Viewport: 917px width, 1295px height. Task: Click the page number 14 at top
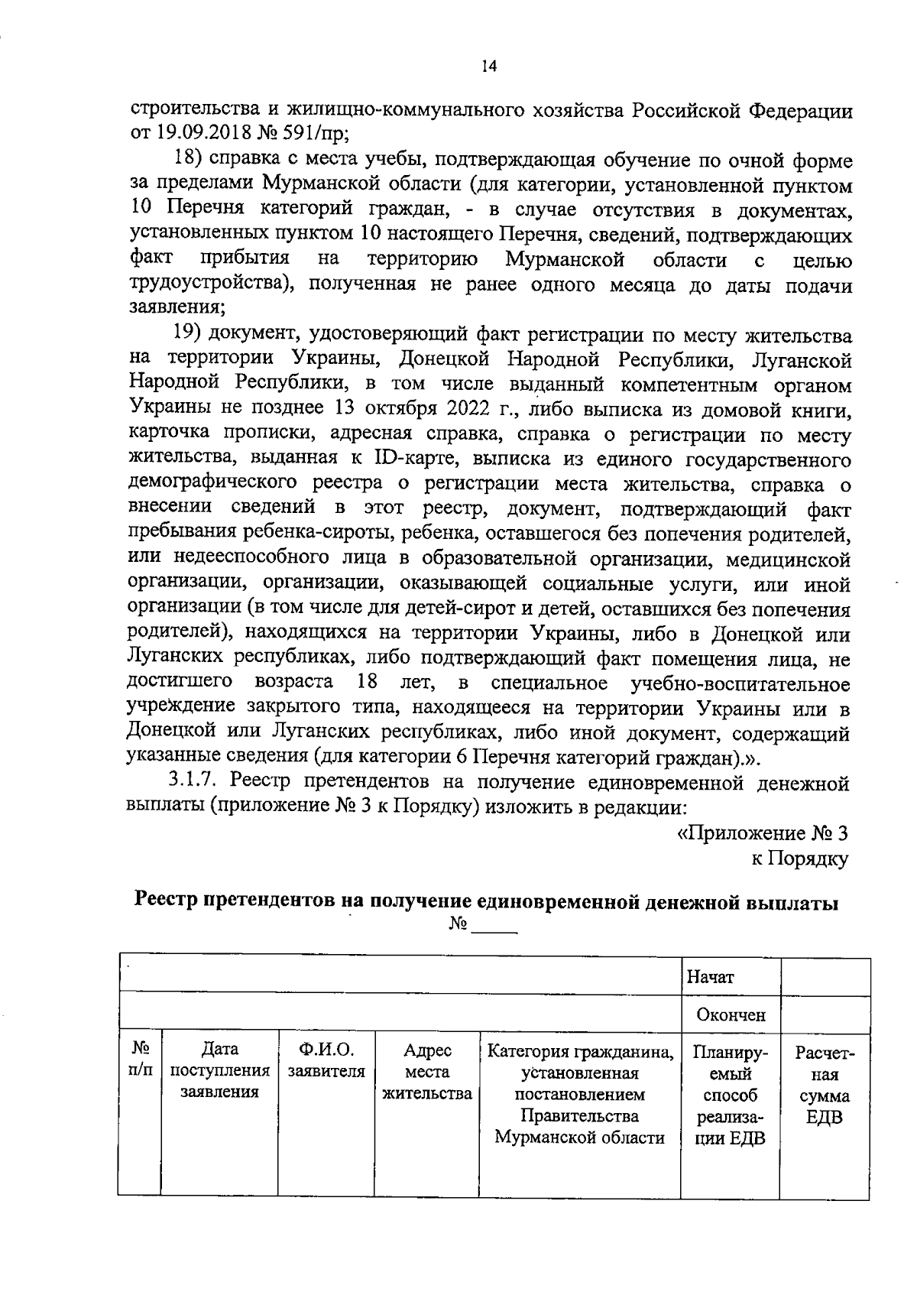[489, 67]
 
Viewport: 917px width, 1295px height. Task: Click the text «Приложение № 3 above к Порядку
[763, 832]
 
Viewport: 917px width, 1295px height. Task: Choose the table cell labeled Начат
[710, 976]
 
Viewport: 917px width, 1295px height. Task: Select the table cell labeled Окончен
[730, 1015]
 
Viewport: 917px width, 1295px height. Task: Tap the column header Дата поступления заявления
[219, 1071]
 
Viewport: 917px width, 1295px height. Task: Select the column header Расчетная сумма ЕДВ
[825, 1085]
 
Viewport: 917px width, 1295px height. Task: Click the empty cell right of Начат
[825, 976]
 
